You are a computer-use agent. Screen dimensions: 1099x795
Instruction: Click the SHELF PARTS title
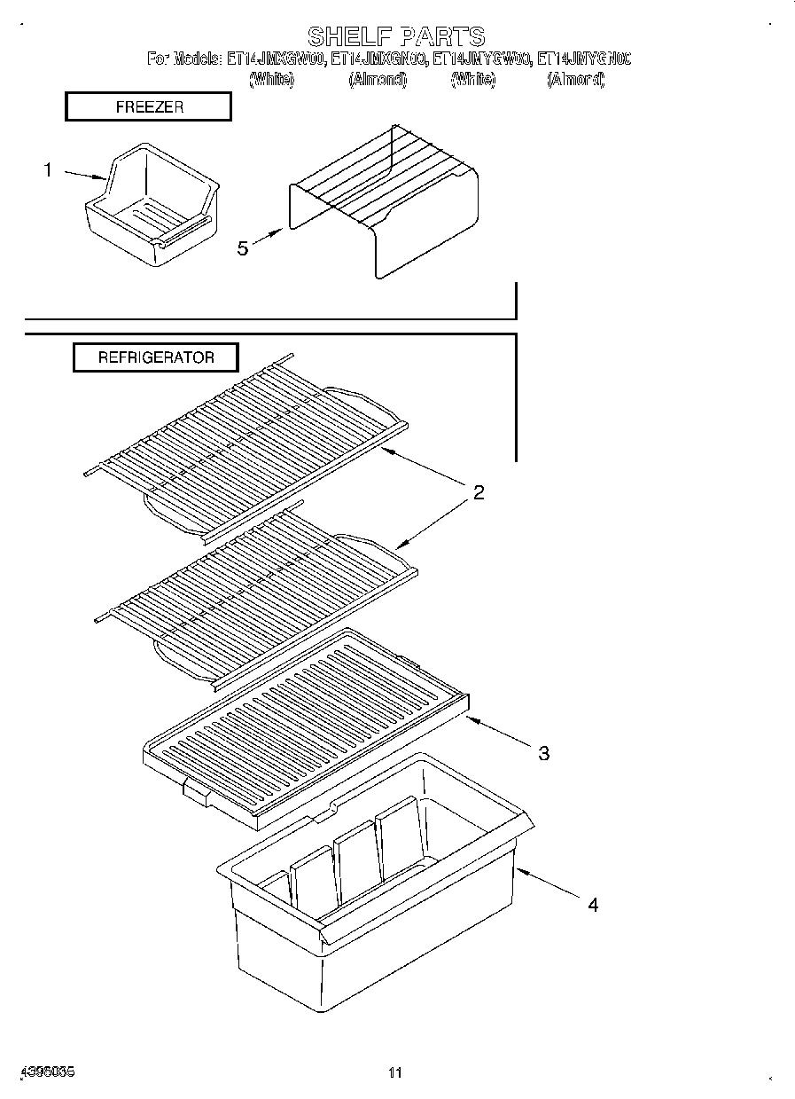coord(396,36)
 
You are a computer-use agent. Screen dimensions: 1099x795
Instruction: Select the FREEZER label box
coord(149,106)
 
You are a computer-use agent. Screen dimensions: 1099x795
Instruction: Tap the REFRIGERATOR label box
coord(156,357)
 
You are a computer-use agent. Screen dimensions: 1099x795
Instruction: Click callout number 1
coord(49,169)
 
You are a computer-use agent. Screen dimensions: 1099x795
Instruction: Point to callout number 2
coord(478,493)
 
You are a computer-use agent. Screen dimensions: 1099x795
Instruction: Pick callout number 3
coord(543,753)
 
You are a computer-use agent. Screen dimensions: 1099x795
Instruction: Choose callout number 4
coord(593,905)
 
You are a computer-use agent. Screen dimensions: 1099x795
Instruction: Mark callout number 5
coord(242,247)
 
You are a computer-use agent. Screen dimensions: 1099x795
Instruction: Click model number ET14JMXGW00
coord(276,59)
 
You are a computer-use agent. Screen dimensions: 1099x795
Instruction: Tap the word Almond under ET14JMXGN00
coord(377,80)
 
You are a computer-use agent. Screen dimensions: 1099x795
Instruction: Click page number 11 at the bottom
coord(395,1072)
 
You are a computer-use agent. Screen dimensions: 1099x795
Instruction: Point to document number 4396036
coord(44,1072)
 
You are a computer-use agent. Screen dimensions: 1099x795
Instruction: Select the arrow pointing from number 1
coord(86,175)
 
